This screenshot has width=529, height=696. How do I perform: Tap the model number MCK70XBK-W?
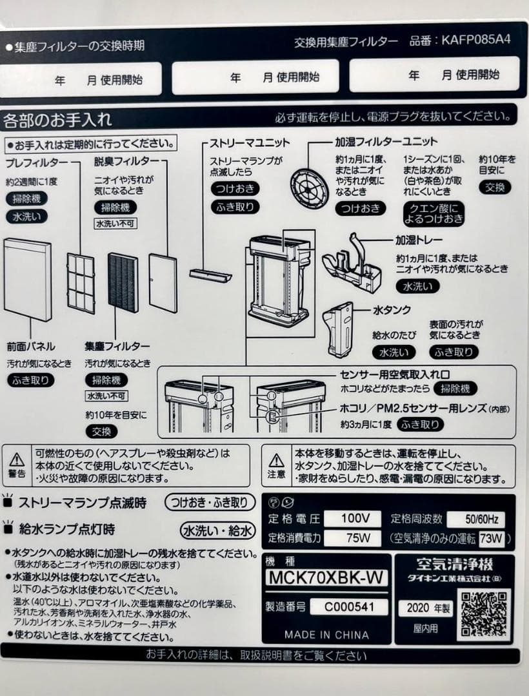(327, 577)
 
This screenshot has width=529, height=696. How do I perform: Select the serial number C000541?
(348, 607)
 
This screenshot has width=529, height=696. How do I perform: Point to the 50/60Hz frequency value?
(484, 519)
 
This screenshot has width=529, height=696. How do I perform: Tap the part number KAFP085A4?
(476, 40)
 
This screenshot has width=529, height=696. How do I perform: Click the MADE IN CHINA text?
(326, 634)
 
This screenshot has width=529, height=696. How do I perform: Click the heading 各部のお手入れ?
(58, 120)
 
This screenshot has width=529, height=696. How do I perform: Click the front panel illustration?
(28, 279)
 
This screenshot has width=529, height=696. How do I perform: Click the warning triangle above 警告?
(17, 460)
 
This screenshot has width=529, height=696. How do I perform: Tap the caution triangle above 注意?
(276, 460)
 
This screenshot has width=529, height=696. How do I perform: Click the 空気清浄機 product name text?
(454, 565)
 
